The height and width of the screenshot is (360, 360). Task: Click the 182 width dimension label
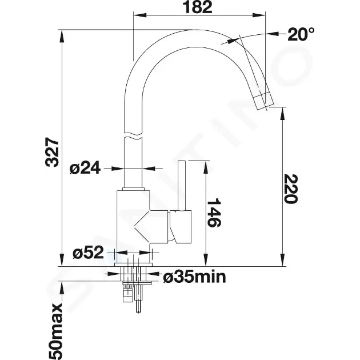[199, 7]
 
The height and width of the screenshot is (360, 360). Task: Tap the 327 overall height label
[52, 151]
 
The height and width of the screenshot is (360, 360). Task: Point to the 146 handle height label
[213, 213]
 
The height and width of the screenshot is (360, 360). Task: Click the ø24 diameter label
[85, 168]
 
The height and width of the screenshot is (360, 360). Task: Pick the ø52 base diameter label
[87, 252]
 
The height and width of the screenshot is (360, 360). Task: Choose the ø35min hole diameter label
[194, 278]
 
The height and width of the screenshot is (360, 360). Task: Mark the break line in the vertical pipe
[133, 137]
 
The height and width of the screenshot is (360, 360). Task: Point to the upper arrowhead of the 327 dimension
[61, 34]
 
